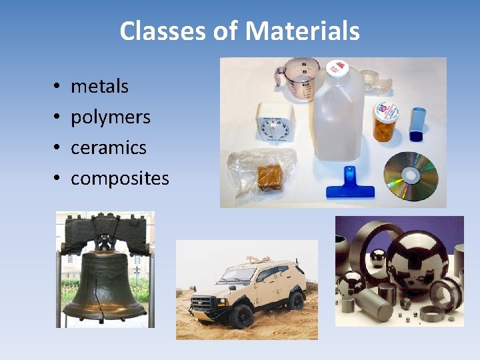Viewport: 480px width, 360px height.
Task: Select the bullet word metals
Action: point(99,86)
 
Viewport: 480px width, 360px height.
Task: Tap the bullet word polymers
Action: point(111,117)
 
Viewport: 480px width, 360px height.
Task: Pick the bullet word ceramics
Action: point(108,147)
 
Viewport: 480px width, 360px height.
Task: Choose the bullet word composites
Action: point(119,179)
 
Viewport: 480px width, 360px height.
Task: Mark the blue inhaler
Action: point(417,123)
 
